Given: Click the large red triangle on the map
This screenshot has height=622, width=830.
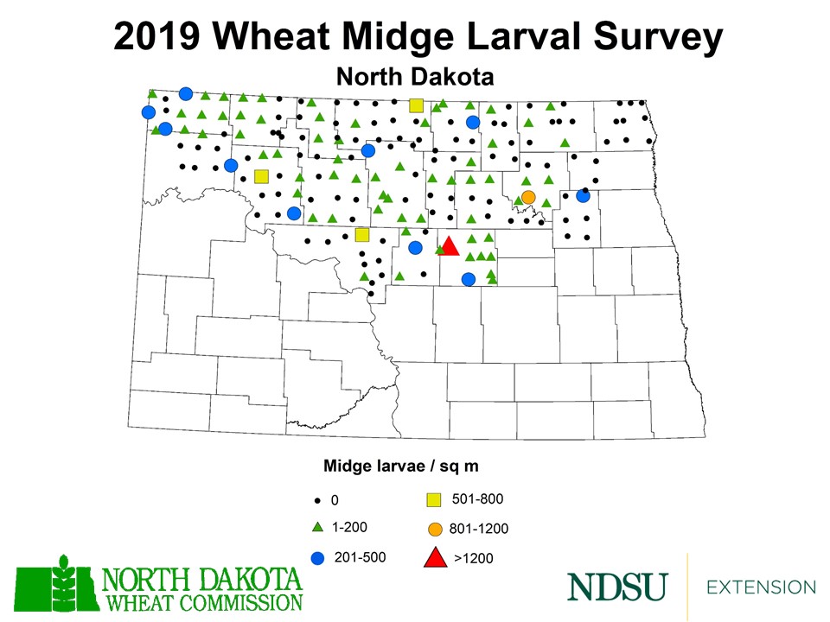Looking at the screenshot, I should [450, 246].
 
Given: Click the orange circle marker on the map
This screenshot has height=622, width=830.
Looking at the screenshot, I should [528, 197].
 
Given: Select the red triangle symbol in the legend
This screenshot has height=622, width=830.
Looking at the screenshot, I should [435, 558].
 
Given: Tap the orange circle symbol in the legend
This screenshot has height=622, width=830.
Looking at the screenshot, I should [435, 529].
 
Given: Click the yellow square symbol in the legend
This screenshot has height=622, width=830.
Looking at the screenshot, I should [434, 499].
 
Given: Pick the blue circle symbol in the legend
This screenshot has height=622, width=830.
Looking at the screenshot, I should [317, 557].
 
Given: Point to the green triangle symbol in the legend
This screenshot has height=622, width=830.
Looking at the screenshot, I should [317, 527].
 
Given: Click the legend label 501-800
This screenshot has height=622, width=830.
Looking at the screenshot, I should [477, 498].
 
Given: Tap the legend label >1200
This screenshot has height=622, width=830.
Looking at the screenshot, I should [474, 558].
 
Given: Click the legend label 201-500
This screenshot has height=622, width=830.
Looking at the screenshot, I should [360, 556].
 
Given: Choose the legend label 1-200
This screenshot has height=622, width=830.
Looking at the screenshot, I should [351, 527].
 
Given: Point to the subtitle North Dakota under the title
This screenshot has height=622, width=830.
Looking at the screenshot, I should [414, 77].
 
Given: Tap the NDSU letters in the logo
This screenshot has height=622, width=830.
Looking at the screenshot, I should [616, 587].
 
